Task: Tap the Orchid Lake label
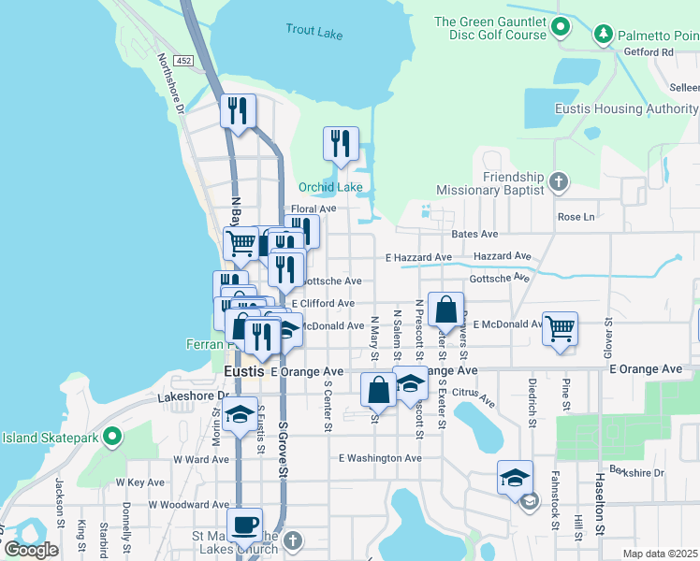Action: point(329,187)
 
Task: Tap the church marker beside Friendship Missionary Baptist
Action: point(559,182)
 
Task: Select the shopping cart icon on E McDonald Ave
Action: point(560,327)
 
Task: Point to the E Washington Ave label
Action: point(380,458)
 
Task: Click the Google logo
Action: point(30,549)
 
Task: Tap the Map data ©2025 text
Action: point(660,554)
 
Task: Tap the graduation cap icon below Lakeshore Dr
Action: point(241,413)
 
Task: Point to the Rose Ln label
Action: point(576,217)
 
